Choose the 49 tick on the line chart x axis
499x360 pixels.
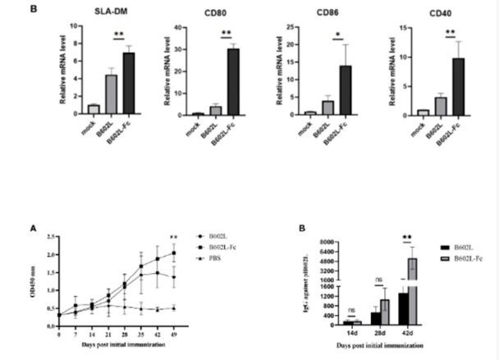(174, 335)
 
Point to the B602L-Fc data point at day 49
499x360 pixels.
(174, 253)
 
